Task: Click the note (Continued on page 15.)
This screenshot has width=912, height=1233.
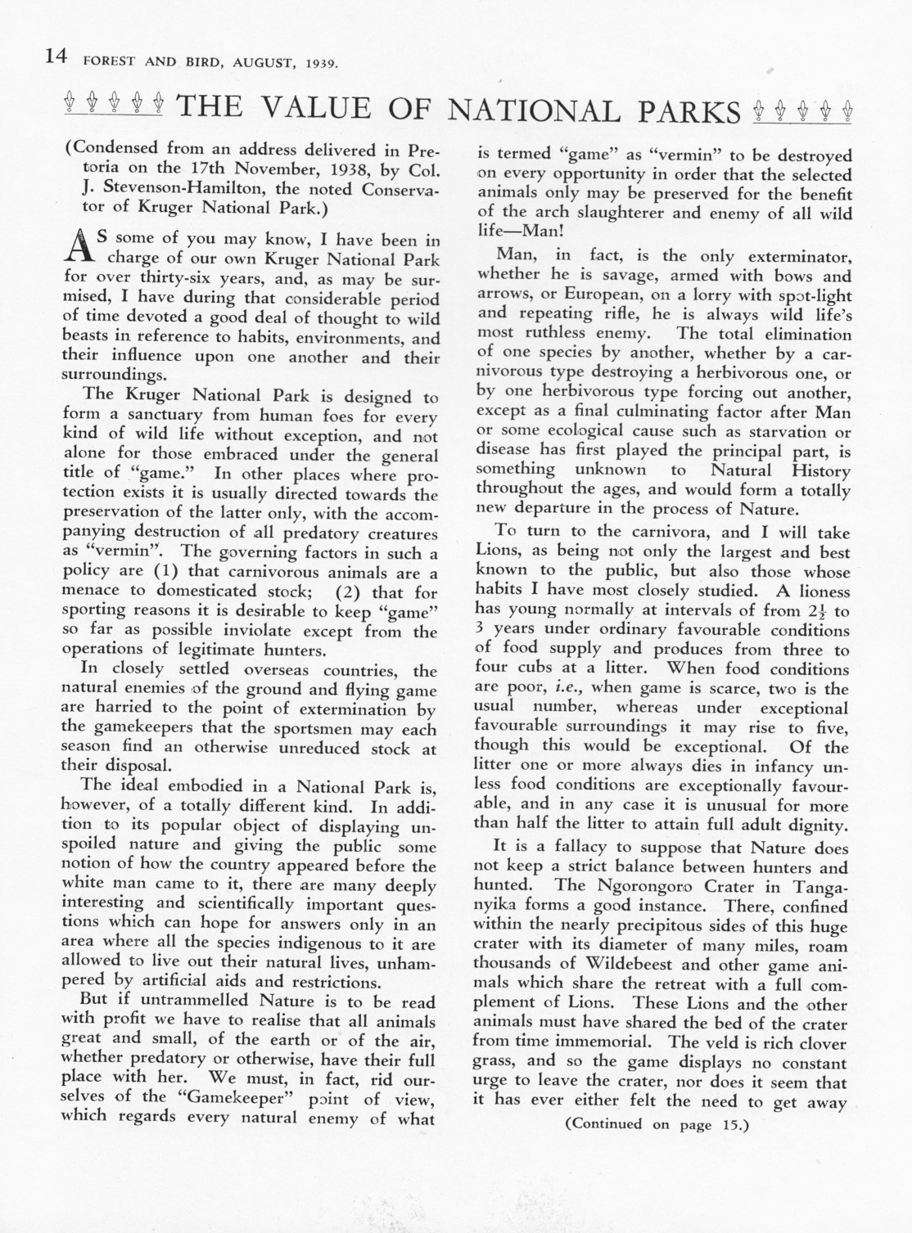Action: (x=657, y=1124)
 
